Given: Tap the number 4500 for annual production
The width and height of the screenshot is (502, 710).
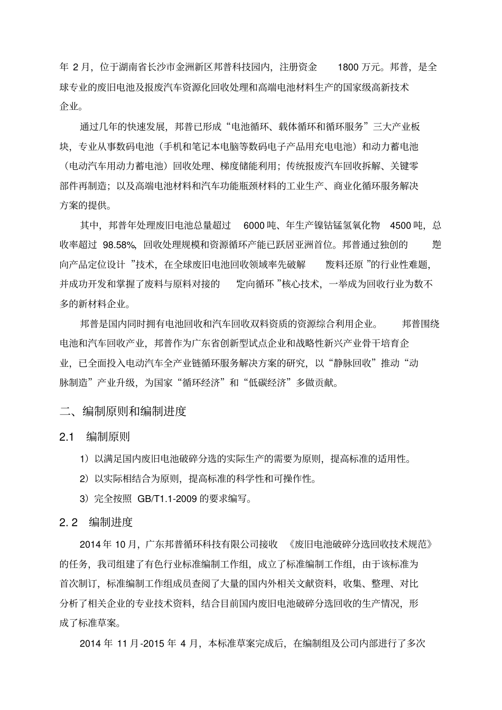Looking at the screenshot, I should pos(400,225).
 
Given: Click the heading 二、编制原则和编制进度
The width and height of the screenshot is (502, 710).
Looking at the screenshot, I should pos(123,411).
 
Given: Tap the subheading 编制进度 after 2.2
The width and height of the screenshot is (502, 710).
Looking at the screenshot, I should pos(111,522).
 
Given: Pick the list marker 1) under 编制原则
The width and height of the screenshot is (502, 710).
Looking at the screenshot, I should pos(85,459).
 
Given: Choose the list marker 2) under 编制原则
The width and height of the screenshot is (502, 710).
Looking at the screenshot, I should pos(85,479).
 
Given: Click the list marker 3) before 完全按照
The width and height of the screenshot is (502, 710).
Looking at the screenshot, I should pos(85,499).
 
